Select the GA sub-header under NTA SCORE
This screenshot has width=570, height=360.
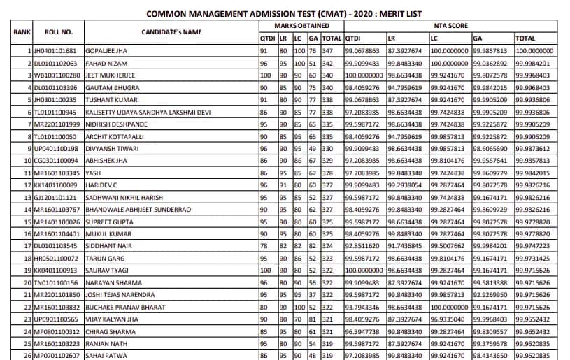478,38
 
